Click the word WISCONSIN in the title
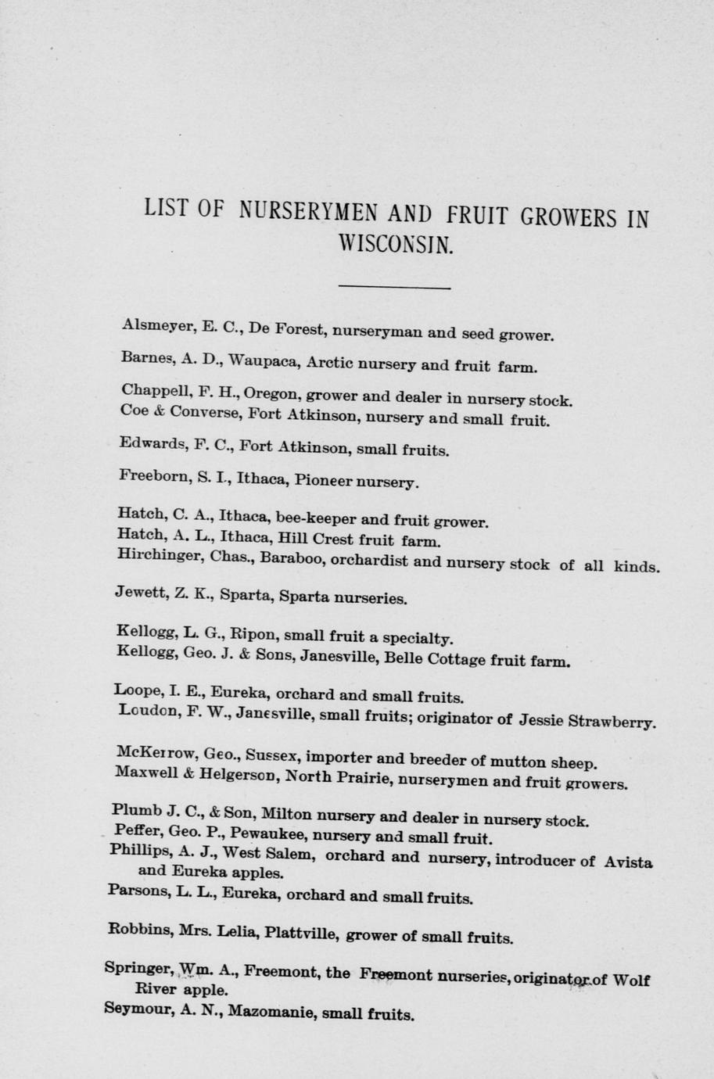(x=395, y=245)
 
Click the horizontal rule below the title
(x=395, y=289)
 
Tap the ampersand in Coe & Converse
(x=156, y=410)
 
